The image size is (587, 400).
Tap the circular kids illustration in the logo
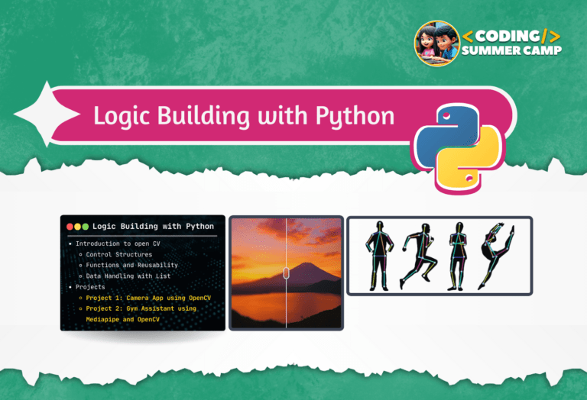click(x=436, y=43)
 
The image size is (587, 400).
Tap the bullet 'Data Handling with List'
click(x=128, y=276)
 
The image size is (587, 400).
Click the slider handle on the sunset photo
click(x=286, y=273)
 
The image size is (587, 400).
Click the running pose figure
click(x=418, y=255)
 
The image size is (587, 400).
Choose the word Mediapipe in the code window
click(x=105, y=319)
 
